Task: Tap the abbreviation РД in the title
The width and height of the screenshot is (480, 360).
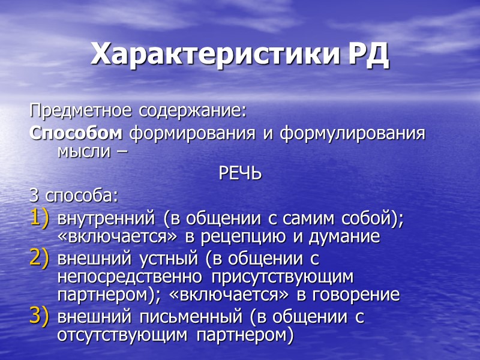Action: (x=368, y=55)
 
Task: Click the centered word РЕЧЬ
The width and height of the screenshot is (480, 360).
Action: (x=239, y=174)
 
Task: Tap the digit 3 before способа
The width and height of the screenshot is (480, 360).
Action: (x=34, y=196)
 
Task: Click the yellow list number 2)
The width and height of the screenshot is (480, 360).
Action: (x=40, y=259)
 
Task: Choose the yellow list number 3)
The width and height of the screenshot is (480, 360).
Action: (x=40, y=316)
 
